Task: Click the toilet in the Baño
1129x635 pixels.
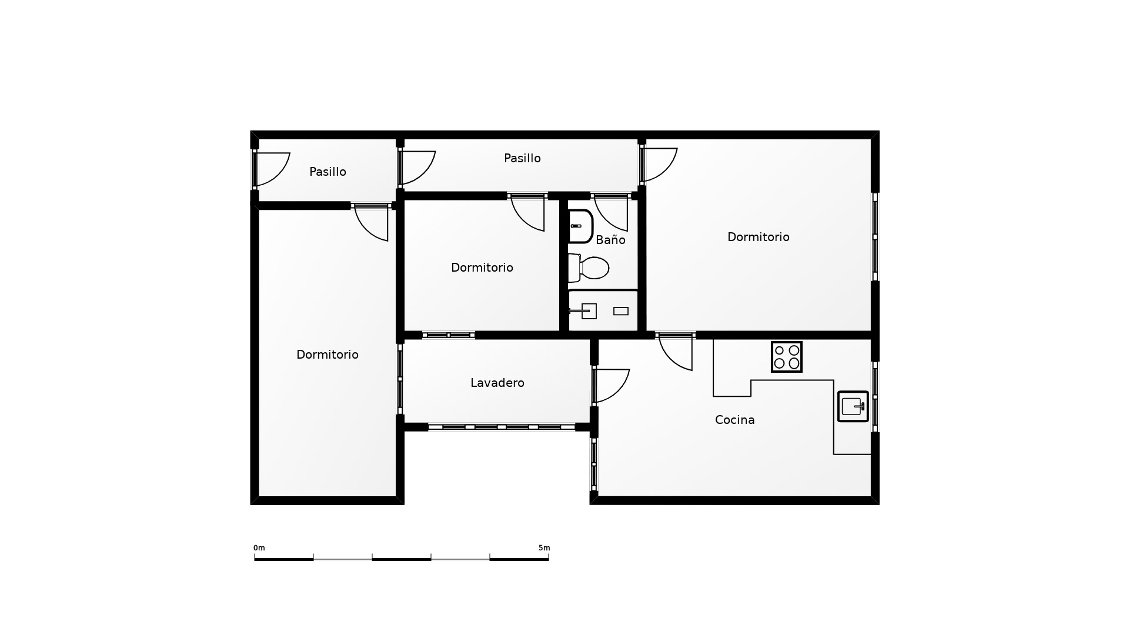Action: [x=588, y=268]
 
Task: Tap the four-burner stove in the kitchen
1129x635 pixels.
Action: [x=787, y=357]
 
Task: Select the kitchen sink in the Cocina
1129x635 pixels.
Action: [x=853, y=406]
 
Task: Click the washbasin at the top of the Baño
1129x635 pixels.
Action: [x=580, y=226]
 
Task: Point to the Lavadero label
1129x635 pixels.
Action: [x=497, y=383]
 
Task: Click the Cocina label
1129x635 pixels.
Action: [x=735, y=420]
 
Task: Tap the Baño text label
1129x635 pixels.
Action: [x=610, y=240]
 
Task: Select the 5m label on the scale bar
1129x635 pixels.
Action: [x=545, y=548]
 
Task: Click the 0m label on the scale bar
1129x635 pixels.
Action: [x=259, y=548]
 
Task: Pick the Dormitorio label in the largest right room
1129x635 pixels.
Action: [x=759, y=237]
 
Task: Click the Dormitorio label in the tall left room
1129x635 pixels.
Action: [x=328, y=355]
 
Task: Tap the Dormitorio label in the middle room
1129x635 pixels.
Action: [x=482, y=268]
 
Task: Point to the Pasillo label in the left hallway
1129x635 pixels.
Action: [x=328, y=172]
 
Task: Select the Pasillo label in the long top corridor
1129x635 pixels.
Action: [x=523, y=158]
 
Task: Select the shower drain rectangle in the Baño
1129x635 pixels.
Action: [x=621, y=311]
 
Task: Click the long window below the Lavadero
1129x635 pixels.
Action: [x=502, y=427]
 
